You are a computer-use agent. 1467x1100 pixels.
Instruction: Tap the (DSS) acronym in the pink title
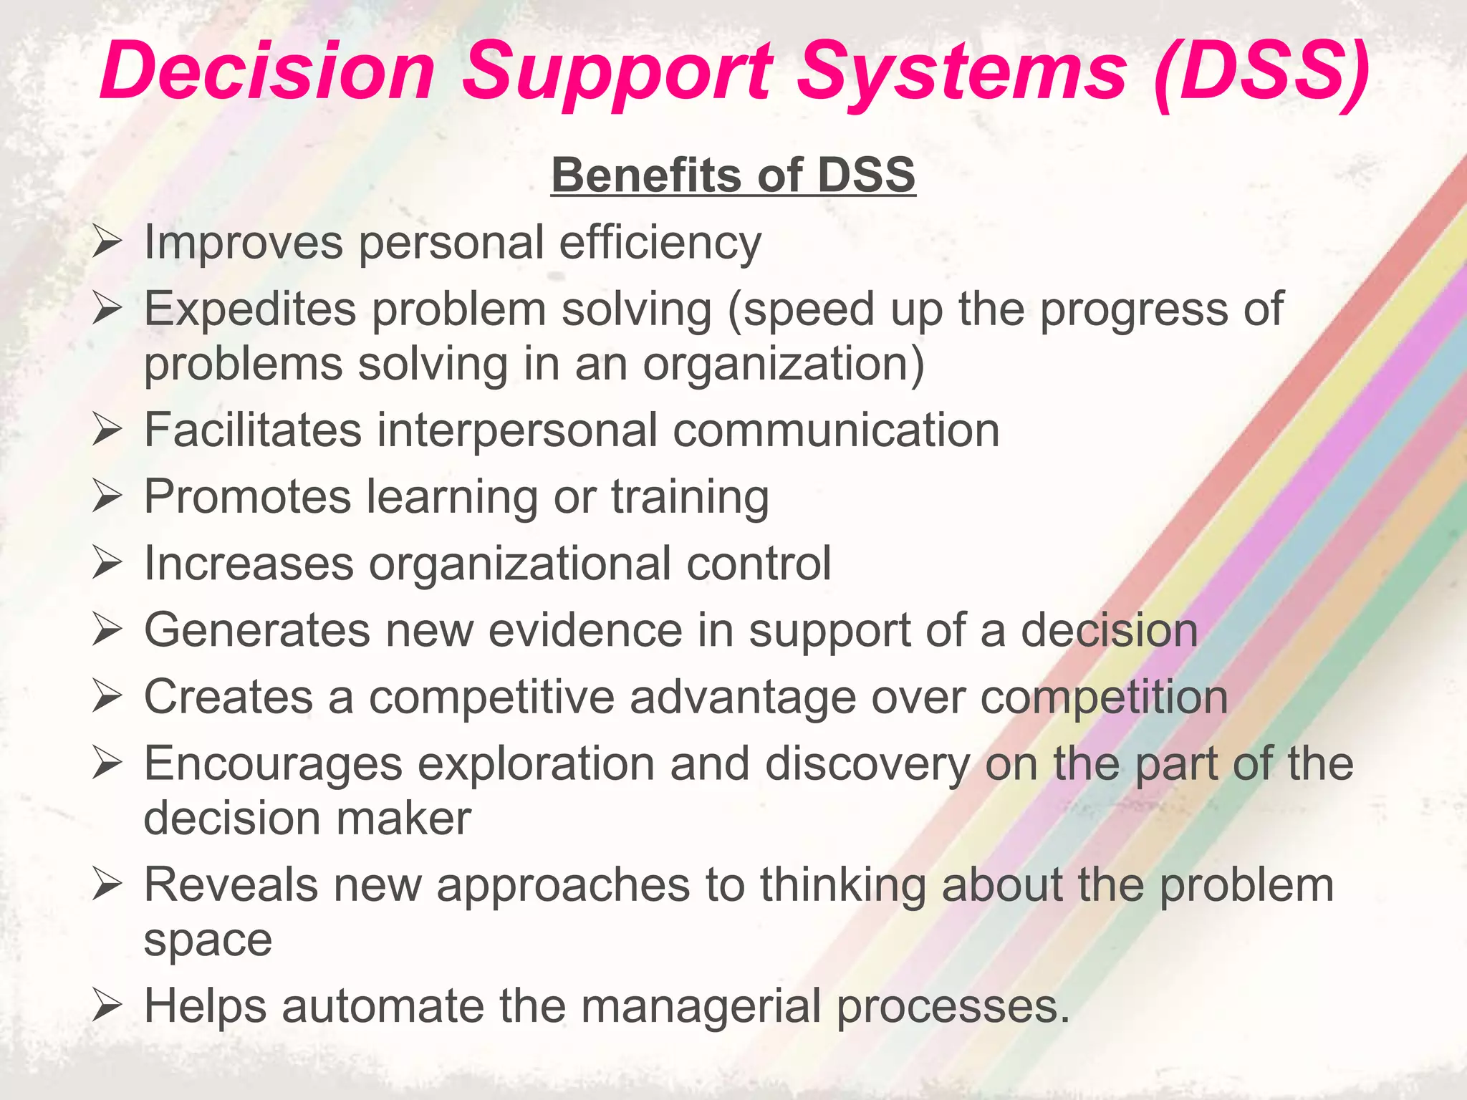click(x=1261, y=72)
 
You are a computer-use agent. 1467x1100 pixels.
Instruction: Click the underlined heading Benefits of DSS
click(x=733, y=175)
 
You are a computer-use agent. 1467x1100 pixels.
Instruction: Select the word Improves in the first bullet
click(x=244, y=242)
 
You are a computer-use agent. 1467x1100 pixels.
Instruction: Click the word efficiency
click(x=660, y=242)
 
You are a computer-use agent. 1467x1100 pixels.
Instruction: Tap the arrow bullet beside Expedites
click(x=107, y=309)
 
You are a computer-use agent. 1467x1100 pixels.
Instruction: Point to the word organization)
click(x=784, y=364)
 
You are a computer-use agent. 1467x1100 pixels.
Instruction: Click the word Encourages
click(x=273, y=763)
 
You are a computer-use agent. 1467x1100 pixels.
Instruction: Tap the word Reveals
click(x=231, y=884)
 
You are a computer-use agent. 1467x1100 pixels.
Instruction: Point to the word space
click(x=208, y=940)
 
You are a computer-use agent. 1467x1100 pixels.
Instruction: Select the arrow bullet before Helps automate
click(x=107, y=1007)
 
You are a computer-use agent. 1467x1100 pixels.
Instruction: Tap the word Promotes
click(x=248, y=496)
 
